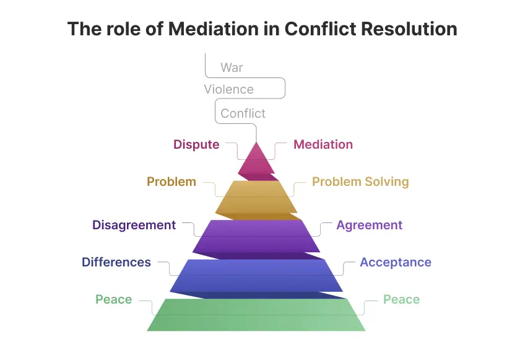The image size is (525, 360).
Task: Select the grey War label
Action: click(x=232, y=67)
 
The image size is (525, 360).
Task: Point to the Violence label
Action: click(x=228, y=89)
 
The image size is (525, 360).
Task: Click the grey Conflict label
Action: click(x=243, y=113)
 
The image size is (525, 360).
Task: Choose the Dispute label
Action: click(x=196, y=144)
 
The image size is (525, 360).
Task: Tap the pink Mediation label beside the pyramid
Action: click(x=323, y=144)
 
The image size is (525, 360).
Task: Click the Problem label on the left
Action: click(x=171, y=182)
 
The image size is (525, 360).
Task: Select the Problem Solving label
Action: click(x=360, y=182)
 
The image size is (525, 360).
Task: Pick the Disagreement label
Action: click(x=134, y=225)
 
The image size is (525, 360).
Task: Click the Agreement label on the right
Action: click(x=369, y=225)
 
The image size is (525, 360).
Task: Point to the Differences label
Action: click(x=116, y=262)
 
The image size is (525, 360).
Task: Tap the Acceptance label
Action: click(x=396, y=262)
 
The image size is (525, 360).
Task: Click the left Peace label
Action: click(x=113, y=299)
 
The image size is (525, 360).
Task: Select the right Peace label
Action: click(x=401, y=299)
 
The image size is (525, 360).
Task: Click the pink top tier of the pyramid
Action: click(x=256, y=161)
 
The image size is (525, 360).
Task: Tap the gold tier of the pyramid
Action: click(x=256, y=197)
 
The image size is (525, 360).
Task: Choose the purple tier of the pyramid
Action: click(x=256, y=235)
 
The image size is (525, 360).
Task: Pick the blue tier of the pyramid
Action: click(x=256, y=274)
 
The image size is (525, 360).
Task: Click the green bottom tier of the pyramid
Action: click(x=256, y=315)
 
